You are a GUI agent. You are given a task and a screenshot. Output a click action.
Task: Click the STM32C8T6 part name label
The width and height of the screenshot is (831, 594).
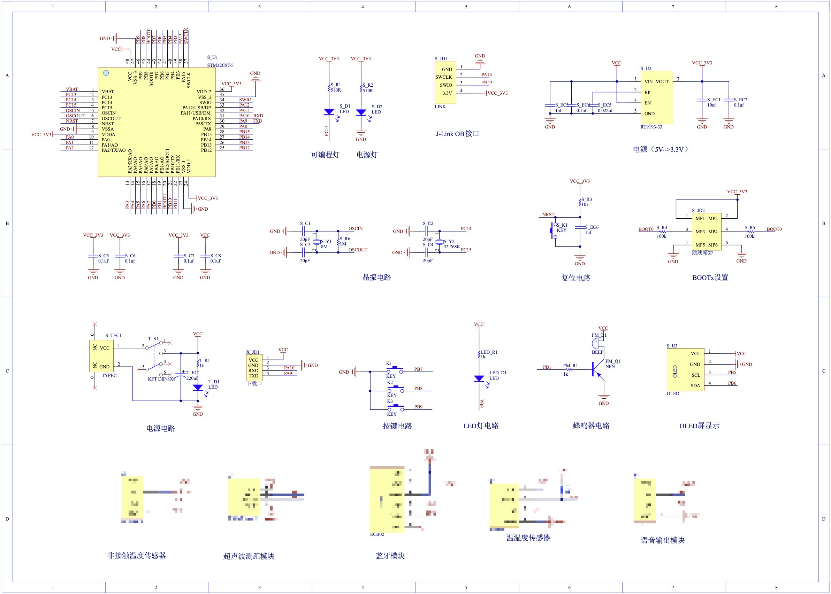(220, 65)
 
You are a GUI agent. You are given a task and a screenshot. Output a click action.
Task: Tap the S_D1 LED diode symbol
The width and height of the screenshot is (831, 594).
(329, 112)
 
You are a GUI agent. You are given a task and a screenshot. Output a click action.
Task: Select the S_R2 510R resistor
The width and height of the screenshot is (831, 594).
(361, 88)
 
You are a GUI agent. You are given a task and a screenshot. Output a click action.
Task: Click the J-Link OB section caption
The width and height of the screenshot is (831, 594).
(457, 134)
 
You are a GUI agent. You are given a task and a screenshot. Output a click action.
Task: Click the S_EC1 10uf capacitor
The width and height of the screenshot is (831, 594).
(702, 100)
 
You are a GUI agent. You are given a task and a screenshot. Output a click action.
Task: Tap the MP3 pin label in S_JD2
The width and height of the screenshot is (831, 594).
(700, 232)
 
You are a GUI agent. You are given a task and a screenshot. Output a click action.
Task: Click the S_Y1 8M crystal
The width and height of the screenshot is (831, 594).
(317, 242)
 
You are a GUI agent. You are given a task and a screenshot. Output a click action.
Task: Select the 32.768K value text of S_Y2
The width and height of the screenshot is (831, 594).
(452, 247)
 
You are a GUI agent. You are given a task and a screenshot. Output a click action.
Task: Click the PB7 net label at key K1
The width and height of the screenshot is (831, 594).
(418, 369)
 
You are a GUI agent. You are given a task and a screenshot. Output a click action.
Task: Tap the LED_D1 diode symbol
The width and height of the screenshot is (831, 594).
(479, 378)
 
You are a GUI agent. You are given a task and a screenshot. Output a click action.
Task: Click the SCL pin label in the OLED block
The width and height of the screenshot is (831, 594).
(695, 375)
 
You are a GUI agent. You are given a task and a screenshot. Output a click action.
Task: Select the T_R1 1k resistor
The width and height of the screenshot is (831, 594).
(198, 363)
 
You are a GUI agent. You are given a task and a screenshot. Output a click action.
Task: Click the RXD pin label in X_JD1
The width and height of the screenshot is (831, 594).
(253, 370)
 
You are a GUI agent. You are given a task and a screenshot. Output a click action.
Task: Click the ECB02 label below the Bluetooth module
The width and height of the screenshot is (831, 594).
(377, 534)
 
